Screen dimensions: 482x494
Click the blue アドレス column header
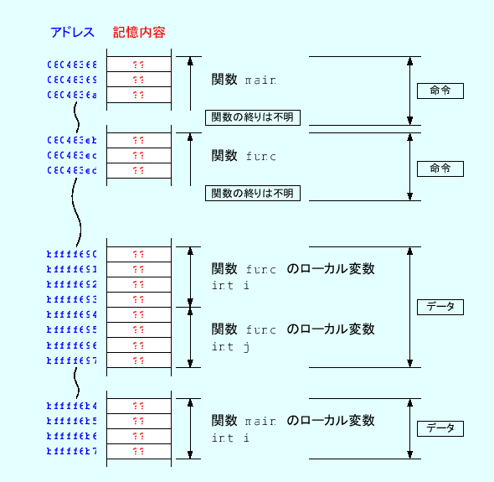click(x=72, y=33)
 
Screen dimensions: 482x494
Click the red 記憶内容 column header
click(x=139, y=33)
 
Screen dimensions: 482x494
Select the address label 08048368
click(x=72, y=65)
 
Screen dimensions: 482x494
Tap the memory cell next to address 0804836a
click(x=139, y=95)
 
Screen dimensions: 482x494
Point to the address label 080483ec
click(x=72, y=155)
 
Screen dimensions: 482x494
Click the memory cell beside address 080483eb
click(x=139, y=140)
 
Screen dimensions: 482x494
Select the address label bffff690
click(x=72, y=254)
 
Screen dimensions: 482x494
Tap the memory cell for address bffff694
click(x=139, y=314)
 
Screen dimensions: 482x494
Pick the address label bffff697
click(x=72, y=360)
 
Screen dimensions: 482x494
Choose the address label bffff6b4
click(x=72, y=405)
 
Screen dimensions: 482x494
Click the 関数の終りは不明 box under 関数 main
click(x=253, y=117)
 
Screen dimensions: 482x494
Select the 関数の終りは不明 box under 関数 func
click(x=253, y=194)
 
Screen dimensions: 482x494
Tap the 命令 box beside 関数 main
click(x=440, y=91)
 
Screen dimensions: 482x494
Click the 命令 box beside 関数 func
click(x=440, y=168)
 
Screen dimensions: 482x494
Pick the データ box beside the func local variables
click(x=440, y=307)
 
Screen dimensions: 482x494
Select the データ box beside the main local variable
click(x=440, y=428)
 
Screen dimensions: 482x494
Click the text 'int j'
click(x=231, y=347)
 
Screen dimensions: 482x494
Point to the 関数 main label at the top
click(x=243, y=80)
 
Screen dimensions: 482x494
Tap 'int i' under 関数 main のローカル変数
click(x=231, y=438)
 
